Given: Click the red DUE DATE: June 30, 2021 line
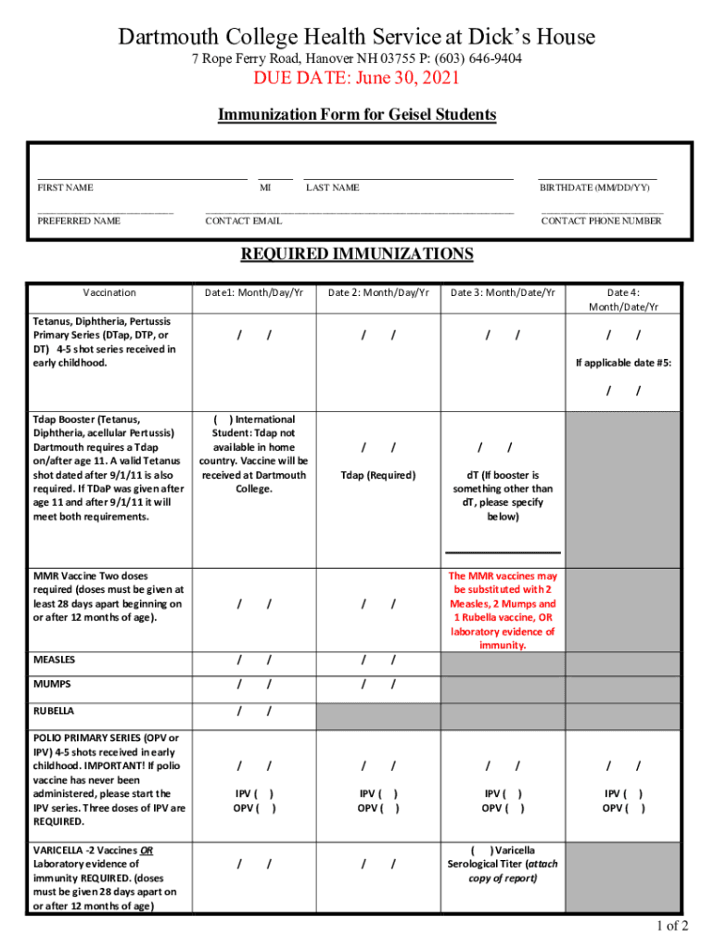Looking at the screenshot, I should click(357, 79).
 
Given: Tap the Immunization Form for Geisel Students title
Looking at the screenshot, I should click(357, 115).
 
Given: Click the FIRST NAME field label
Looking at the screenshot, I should click(65, 188).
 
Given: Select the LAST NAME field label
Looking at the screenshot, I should click(332, 188).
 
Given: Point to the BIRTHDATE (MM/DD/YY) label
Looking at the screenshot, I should click(594, 188).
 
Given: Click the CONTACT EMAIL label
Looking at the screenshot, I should click(243, 222).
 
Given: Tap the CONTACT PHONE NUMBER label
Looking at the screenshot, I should click(601, 222).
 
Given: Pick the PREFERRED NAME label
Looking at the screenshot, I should click(79, 222).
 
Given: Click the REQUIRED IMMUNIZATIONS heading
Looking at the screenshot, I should click(357, 255).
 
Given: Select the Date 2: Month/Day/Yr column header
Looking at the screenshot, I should click(378, 293).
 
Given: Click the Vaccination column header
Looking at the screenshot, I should click(108, 293).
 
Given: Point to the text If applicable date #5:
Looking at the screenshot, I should click(623, 363).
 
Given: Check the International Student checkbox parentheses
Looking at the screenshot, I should click(223, 419).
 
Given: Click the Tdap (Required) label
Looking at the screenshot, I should click(378, 475).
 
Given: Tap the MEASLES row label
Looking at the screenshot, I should click(55, 661).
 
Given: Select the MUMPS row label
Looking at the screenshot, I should click(52, 685).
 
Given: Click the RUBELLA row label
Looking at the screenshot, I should click(54, 712).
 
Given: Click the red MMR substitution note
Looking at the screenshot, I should click(503, 610).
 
